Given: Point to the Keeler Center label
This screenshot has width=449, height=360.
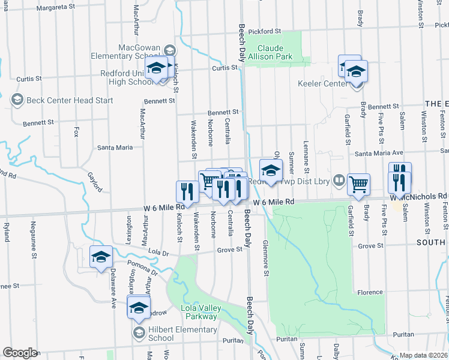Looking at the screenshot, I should coord(323,83).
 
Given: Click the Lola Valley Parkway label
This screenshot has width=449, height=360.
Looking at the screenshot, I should coord(200,312).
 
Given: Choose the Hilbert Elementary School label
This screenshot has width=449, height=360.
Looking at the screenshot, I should coord(182,334).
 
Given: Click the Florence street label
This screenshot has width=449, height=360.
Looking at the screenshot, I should coord(370,292).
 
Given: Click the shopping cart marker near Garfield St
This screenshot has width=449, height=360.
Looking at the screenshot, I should coord(358,185).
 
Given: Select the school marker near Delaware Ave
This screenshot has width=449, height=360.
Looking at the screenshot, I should coord(101,257).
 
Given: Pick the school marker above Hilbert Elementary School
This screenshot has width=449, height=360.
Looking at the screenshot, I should coord(139,308).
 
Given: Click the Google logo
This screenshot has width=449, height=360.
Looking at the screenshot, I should coord(20,353).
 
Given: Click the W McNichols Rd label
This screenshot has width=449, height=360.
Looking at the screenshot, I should coord(419,196).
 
